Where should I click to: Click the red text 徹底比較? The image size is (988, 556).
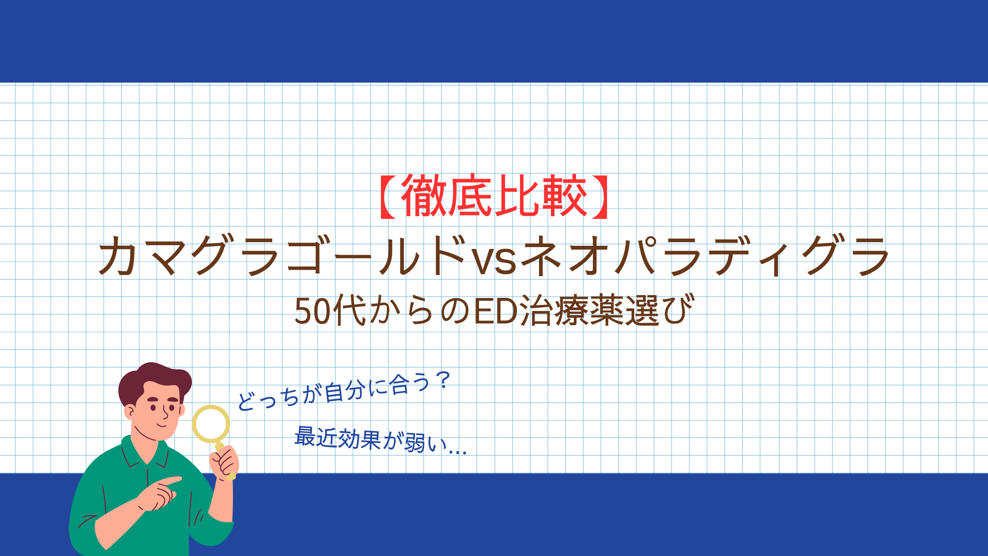[x=494, y=195]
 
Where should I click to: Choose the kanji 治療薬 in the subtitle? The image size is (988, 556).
[x=571, y=311]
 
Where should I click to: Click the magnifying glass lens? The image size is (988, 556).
[x=211, y=424]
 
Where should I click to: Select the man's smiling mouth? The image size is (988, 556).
[x=162, y=425]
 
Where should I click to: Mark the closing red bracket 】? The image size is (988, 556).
[x=600, y=196]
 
